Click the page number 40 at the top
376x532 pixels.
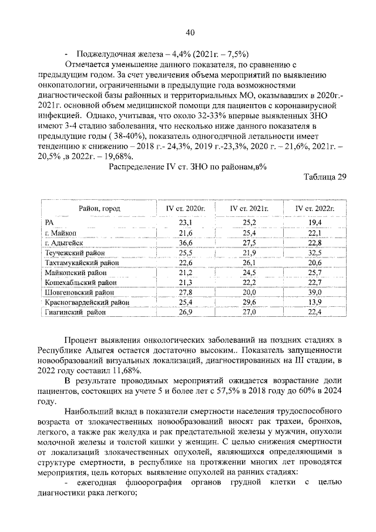point(190,32)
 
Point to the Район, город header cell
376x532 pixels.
point(99,209)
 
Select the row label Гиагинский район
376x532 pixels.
point(76,312)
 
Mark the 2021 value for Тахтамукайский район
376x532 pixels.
point(250,263)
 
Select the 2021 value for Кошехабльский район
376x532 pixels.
point(250,283)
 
